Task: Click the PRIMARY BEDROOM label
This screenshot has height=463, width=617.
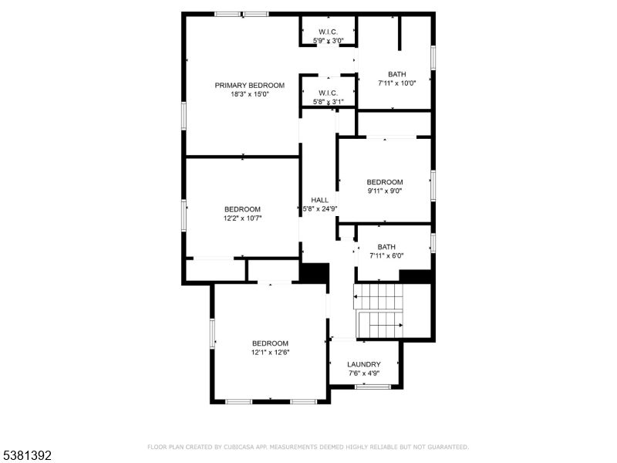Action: [249, 85]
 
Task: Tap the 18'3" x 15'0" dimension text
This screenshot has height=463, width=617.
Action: [249, 94]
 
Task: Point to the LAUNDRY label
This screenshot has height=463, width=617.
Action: [363, 364]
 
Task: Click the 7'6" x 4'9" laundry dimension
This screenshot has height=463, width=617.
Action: [363, 373]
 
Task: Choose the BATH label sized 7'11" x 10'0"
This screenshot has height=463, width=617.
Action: [396, 74]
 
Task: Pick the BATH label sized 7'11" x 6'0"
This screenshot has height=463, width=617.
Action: [386, 247]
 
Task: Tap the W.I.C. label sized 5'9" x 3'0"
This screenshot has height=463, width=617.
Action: [328, 31]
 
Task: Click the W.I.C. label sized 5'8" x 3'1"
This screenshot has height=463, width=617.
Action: [328, 93]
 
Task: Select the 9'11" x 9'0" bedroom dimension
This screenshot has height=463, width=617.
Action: [384, 191]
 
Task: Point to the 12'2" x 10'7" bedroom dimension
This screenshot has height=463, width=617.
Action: [242, 218]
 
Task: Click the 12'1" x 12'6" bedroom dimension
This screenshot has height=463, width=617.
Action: [270, 352]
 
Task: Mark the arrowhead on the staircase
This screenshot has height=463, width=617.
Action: [400, 325]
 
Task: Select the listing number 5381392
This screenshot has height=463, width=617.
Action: [26, 456]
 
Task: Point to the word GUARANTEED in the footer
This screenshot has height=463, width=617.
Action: [447, 447]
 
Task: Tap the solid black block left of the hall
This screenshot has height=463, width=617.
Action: [314, 273]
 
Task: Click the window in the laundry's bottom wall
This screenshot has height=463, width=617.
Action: [371, 386]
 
